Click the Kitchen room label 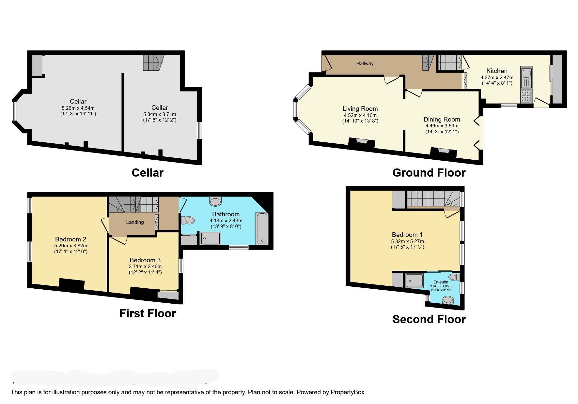(497, 71)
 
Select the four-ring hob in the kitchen (526, 96)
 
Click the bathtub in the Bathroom (262, 228)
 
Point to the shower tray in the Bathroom (210, 238)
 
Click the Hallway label (365, 64)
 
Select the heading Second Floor (429, 319)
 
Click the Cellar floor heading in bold (148, 173)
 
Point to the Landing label (135, 222)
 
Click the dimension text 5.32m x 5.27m (407, 241)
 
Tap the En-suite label (441, 282)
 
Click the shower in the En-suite (414, 280)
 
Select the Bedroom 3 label (145, 260)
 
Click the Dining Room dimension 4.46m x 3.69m (442, 126)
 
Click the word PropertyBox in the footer (347, 392)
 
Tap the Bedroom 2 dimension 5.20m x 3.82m (71, 246)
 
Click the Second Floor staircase (432, 198)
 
